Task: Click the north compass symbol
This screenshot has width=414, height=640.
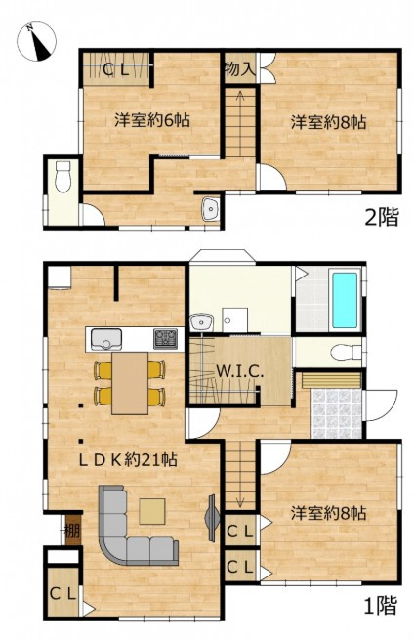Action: pyautogui.click(x=37, y=42)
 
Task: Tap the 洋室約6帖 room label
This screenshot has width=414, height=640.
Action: pyautogui.click(x=152, y=120)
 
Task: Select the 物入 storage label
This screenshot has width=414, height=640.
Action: pyautogui.click(x=240, y=68)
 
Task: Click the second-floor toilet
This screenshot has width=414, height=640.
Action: pyautogui.click(x=62, y=176)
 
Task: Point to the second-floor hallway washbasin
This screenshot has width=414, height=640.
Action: pyautogui.click(x=211, y=209)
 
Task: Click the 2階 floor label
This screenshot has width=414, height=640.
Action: pyautogui.click(x=381, y=217)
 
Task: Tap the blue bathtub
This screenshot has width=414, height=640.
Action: pyautogui.click(x=345, y=300)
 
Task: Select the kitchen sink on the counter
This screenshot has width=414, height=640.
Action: pyautogui.click(x=106, y=339)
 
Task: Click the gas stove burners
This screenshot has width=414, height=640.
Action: pyautogui.click(x=165, y=338)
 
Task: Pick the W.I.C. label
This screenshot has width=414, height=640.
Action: pyautogui.click(x=239, y=371)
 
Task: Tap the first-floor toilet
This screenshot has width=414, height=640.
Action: pyautogui.click(x=347, y=353)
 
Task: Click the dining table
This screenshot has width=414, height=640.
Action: pyautogui.click(x=130, y=383)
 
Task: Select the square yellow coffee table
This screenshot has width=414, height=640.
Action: pyautogui.click(x=152, y=511)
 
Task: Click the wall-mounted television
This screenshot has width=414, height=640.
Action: pyautogui.click(x=211, y=518)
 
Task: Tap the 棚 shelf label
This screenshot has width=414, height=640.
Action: pyautogui.click(x=72, y=531)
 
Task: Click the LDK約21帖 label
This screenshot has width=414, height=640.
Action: pyautogui.click(x=128, y=460)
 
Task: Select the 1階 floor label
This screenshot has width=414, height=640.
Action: pyautogui.click(x=380, y=605)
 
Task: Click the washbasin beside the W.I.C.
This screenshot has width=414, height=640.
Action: pyautogui.click(x=202, y=321)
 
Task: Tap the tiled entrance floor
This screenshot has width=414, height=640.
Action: pyautogui.click(x=336, y=413)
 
